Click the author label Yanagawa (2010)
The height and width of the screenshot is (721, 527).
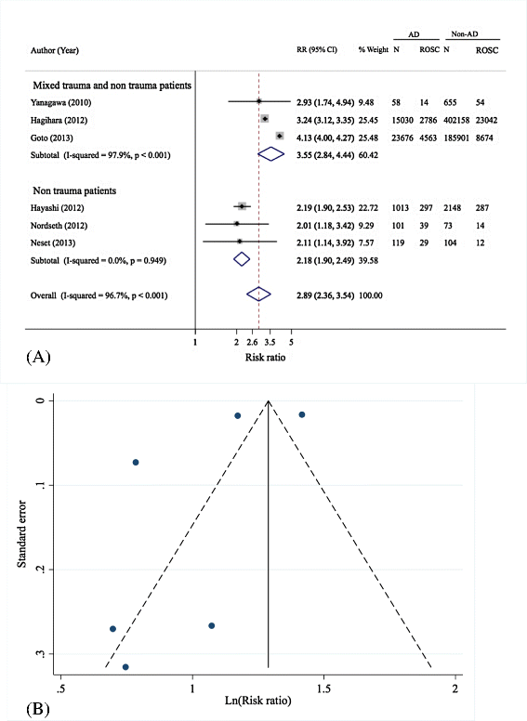60,102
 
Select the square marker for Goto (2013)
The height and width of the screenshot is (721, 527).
280,136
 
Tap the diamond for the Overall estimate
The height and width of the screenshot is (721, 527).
258,295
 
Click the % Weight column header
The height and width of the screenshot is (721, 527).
374,49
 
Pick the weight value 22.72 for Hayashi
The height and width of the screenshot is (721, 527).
368,208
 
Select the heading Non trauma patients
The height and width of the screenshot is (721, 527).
74,190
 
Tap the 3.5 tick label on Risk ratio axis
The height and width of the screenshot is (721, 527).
270,342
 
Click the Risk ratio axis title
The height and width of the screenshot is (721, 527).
265,358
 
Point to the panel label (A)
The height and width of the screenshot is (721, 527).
38,357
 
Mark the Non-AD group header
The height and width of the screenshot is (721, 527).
465,34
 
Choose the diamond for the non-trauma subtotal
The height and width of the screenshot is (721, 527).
242,259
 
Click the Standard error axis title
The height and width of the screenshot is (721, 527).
21,534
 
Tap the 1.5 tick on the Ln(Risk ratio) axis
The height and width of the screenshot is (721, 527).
323,688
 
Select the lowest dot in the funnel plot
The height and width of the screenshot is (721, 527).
125,667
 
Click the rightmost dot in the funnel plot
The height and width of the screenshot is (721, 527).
302,414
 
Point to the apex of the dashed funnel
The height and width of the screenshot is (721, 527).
269,400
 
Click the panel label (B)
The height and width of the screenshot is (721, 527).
38,709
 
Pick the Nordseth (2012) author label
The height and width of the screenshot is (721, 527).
59,225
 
